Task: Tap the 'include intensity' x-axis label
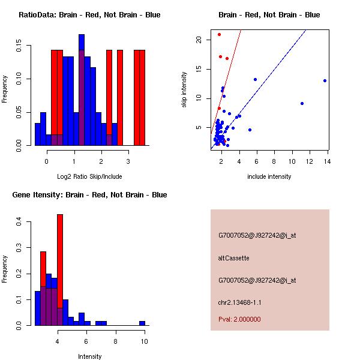point(269,176)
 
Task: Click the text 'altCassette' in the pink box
point(233,258)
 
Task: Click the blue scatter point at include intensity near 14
point(325,80)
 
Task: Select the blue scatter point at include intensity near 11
point(302,103)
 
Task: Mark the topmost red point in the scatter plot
point(219,34)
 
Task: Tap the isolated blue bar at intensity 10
point(142,323)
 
